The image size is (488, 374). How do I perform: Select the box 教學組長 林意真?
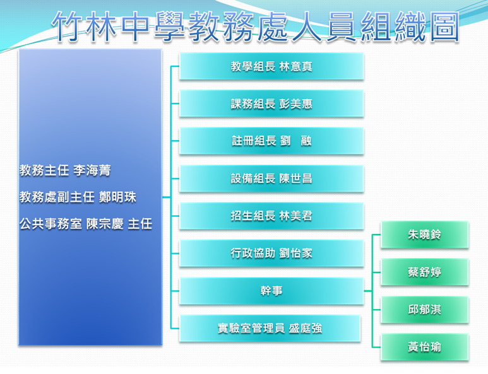(x=271, y=66)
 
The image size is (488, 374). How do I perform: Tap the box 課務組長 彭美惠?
(x=271, y=104)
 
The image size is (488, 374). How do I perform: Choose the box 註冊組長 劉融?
(x=271, y=141)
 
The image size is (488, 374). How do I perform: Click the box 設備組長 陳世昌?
(x=271, y=178)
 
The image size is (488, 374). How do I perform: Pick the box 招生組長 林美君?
(x=271, y=216)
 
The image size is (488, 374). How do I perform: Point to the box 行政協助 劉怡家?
(x=271, y=254)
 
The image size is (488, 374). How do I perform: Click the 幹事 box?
(x=271, y=291)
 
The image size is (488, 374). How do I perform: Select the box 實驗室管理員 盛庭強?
(x=270, y=329)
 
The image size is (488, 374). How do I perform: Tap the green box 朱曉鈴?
(x=424, y=235)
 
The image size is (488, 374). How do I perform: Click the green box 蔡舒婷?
(x=424, y=272)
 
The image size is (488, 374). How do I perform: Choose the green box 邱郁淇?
(x=424, y=310)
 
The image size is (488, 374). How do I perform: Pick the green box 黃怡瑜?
(x=424, y=348)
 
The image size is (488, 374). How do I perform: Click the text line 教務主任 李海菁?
(x=65, y=170)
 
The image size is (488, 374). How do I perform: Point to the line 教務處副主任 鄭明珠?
(x=78, y=197)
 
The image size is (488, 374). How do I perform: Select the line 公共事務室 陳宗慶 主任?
(x=86, y=224)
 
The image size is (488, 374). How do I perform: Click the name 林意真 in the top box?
(x=295, y=66)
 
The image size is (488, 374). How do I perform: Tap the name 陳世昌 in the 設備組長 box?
(x=295, y=178)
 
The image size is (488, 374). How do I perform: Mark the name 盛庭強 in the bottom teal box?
(x=306, y=329)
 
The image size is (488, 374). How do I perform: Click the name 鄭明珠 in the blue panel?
(x=117, y=197)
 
